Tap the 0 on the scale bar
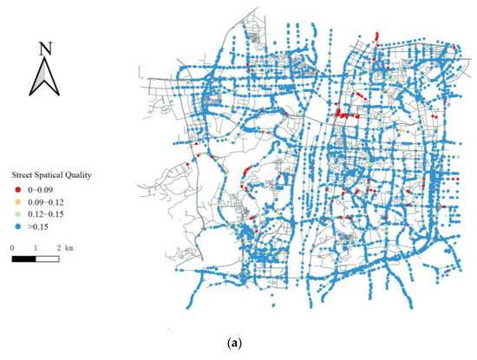13,247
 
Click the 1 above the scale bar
36,247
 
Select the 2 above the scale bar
57,247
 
